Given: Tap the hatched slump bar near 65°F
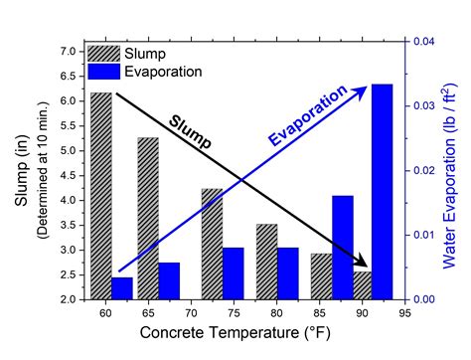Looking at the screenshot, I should point(148,218).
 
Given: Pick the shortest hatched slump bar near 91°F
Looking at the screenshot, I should point(362,284).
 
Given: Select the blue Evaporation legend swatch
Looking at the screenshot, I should point(104,71).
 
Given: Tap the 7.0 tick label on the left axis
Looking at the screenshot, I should point(69,51).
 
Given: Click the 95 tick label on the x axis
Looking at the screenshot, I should point(405,314).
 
